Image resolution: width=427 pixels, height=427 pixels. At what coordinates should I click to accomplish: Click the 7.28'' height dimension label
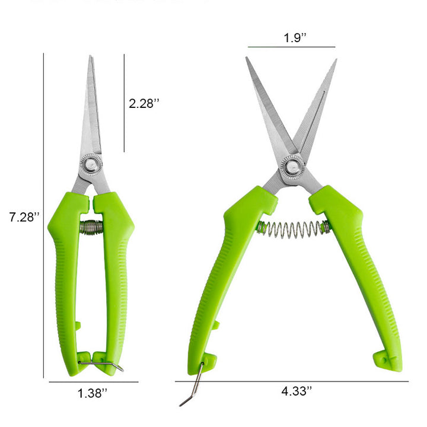click(x=24, y=217)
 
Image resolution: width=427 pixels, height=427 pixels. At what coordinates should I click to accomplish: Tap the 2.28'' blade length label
click(x=144, y=103)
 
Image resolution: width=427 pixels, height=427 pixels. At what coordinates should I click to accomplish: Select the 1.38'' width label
click(x=93, y=394)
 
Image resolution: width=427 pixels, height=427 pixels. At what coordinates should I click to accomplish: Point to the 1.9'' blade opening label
click(x=295, y=37)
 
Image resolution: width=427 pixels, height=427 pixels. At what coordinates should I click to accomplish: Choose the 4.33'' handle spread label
click(x=297, y=391)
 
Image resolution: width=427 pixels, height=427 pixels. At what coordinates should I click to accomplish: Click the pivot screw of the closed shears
click(x=91, y=164)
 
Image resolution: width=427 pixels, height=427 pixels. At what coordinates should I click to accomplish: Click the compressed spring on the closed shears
click(x=91, y=227)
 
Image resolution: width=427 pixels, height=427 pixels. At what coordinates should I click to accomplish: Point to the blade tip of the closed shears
click(x=90, y=56)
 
